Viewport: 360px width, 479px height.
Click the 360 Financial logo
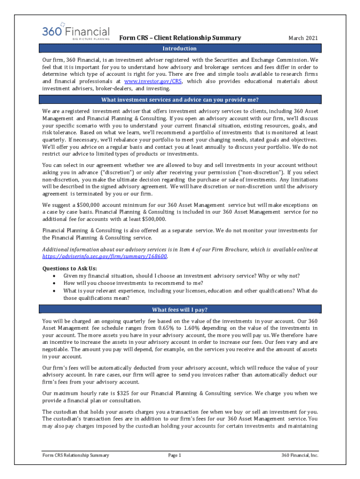[76, 31]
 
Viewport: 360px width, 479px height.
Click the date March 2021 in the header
[302, 38]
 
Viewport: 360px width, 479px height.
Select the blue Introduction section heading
[180, 49]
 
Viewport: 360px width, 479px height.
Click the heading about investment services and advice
[180, 100]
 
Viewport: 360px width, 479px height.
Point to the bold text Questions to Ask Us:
[70, 269]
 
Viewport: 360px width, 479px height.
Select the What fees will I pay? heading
[180, 310]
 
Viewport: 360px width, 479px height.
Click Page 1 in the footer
[174, 455]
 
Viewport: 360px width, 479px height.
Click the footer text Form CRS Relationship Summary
[75, 455]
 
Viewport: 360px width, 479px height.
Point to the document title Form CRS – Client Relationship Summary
[180, 38]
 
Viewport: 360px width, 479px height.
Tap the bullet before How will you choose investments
[55, 283]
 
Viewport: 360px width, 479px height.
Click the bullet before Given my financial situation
[55, 276]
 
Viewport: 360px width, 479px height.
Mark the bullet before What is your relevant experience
[55, 290]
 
